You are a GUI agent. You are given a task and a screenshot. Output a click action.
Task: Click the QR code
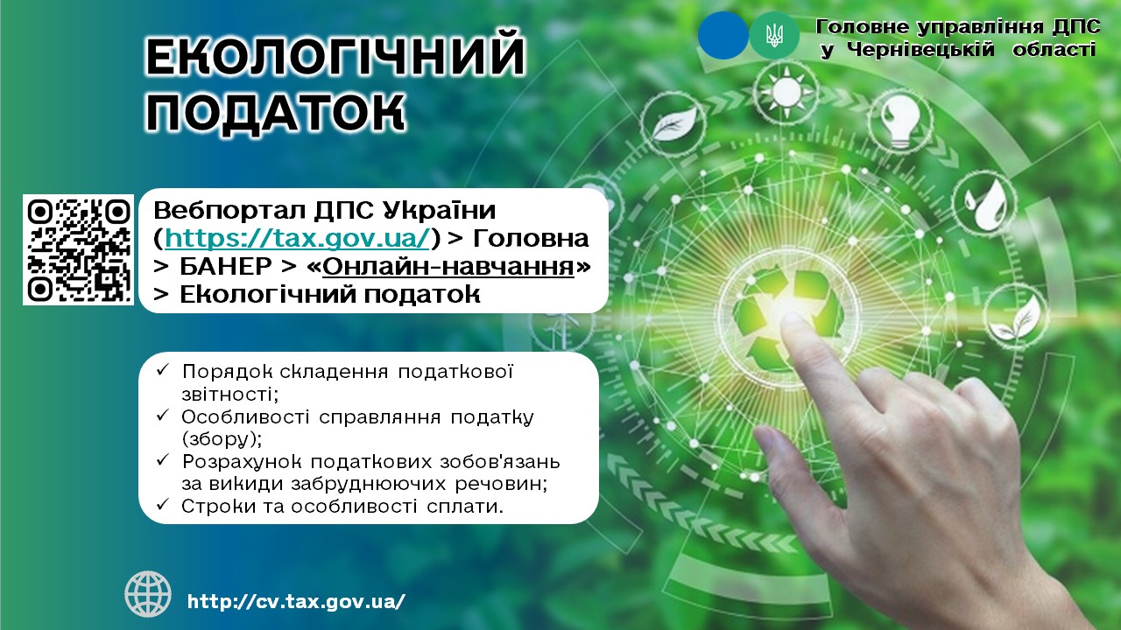click(79, 249)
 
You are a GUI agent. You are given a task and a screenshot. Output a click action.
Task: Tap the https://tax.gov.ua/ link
click(297, 238)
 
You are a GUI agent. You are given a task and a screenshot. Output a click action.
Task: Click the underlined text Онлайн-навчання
click(448, 267)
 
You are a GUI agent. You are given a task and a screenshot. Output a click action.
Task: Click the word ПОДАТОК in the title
click(275, 111)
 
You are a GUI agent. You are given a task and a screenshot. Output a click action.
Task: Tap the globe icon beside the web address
click(148, 594)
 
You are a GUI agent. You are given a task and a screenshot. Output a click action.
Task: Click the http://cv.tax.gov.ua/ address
click(296, 601)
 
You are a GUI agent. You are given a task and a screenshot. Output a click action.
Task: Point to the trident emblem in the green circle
click(774, 36)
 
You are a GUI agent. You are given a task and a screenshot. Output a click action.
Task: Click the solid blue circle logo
click(723, 36)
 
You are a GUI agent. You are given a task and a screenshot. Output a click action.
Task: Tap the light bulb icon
click(900, 122)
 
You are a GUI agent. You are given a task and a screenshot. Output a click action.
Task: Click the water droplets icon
click(984, 204)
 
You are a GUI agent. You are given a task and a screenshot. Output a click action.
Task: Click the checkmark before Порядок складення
click(163, 370)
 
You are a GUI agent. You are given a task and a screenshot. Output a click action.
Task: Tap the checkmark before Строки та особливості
click(163, 505)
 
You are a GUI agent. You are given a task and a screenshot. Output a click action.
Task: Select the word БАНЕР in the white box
click(226, 267)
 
